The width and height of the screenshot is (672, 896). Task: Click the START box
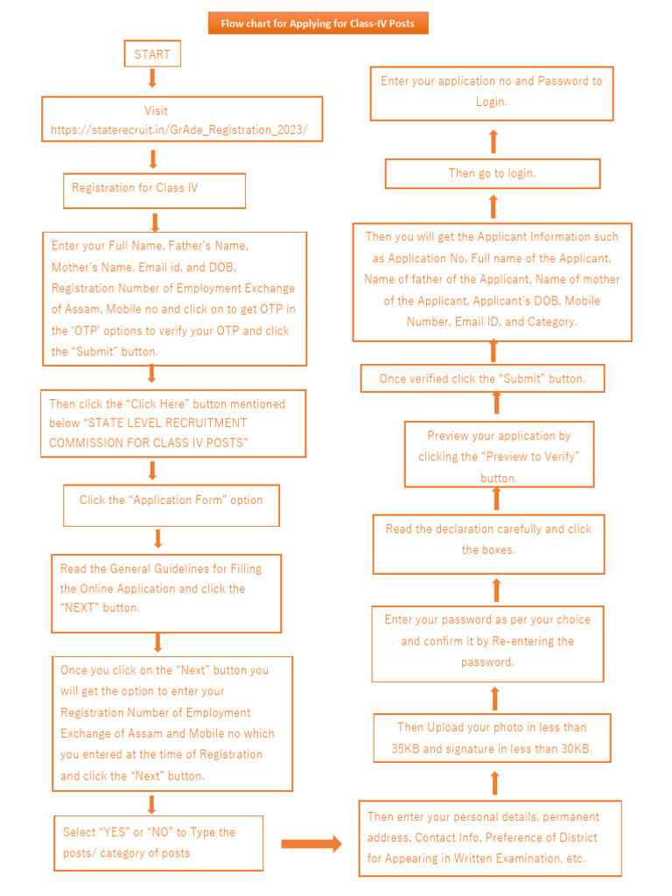pos(152,54)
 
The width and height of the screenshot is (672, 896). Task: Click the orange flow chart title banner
pos(318,24)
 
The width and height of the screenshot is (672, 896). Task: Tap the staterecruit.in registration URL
pos(179,129)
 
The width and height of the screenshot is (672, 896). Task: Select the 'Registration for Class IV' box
pos(154,189)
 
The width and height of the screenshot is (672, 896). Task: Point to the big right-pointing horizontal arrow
pos(311,844)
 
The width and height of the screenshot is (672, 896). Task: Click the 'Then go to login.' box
pos(493,173)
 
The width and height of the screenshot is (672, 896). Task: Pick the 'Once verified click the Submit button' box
pos(482,379)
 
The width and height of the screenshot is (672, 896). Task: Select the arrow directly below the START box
pos(152,79)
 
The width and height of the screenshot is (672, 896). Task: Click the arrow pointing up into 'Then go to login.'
pos(493,206)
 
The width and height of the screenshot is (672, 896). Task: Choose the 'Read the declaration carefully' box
pos(488,539)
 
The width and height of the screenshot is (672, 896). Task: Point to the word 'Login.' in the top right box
pos(491,102)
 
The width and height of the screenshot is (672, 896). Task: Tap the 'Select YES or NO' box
pos(158,843)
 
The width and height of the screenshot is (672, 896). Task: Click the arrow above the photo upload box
pos(494,698)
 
